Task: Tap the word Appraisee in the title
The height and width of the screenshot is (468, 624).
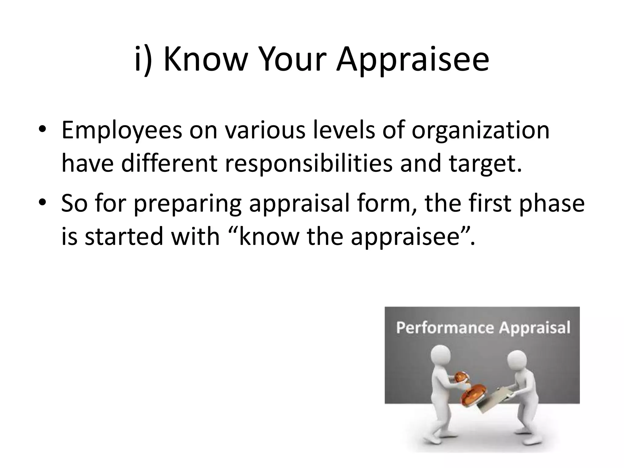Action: tap(413, 59)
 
